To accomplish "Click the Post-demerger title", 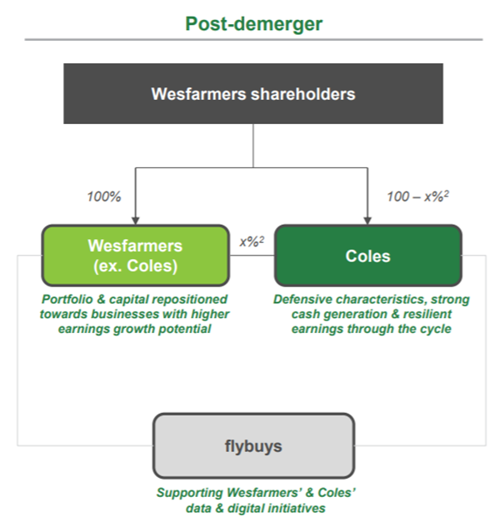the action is (x=253, y=24).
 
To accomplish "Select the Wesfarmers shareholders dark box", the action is (x=253, y=93).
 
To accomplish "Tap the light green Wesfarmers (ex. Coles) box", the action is (x=135, y=256).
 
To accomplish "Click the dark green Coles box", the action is (x=368, y=256).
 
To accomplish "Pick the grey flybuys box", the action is (x=253, y=445).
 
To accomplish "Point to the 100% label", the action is (x=104, y=196).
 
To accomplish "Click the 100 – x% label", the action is (x=417, y=196).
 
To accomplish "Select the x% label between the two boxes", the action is (x=252, y=241).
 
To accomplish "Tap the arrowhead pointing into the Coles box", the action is (x=367, y=221).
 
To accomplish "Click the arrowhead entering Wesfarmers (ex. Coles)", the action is (x=135, y=221).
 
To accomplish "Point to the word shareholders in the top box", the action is (x=303, y=94).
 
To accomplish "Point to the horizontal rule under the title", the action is (x=253, y=40).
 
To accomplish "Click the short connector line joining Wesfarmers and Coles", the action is (x=252, y=256).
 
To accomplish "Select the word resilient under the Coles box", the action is (x=427, y=314).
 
